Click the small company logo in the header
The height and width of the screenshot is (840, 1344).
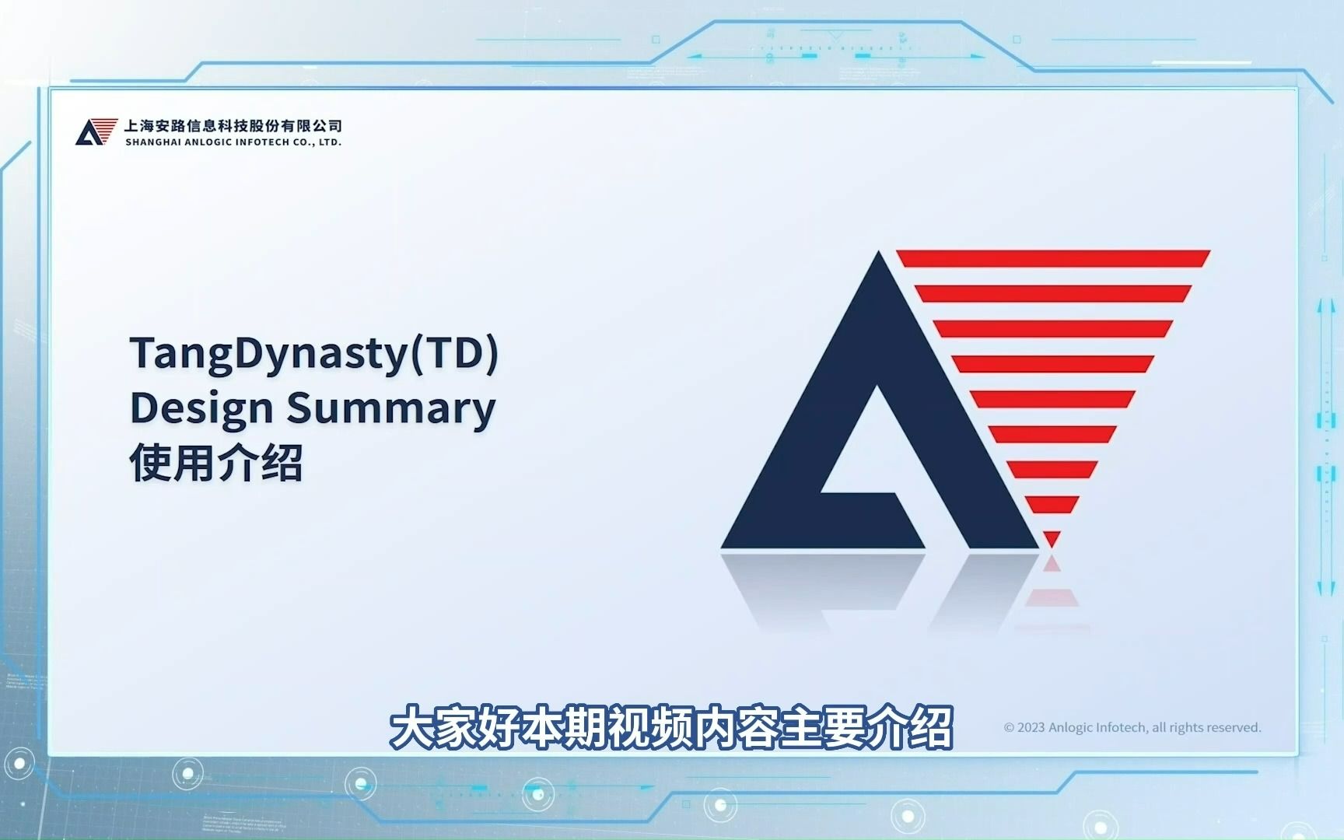coord(96,131)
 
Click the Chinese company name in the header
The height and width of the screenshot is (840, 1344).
coord(233,125)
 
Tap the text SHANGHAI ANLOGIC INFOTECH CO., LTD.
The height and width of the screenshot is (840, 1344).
coord(233,142)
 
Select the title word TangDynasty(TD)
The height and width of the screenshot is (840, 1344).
coord(314,354)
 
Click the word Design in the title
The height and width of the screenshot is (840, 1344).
coord(201,408)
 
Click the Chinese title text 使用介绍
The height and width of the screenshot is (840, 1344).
coord(216,464)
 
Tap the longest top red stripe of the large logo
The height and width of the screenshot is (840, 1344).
coord(1053,258)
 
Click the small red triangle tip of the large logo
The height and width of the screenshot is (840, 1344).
coord(1052,537)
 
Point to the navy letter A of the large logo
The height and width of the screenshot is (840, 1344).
coord(879,401)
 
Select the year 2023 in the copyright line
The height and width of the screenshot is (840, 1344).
coord(1031,727)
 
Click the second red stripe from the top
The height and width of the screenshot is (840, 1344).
coord(1053,293)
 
